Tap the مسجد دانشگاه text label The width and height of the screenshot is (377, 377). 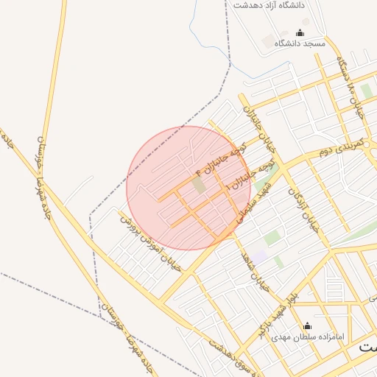click(300, 44)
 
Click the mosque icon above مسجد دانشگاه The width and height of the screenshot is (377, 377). click(300, 32)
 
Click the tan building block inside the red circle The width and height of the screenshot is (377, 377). click(199, 185)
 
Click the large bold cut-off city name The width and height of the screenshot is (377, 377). click(367, 345)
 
